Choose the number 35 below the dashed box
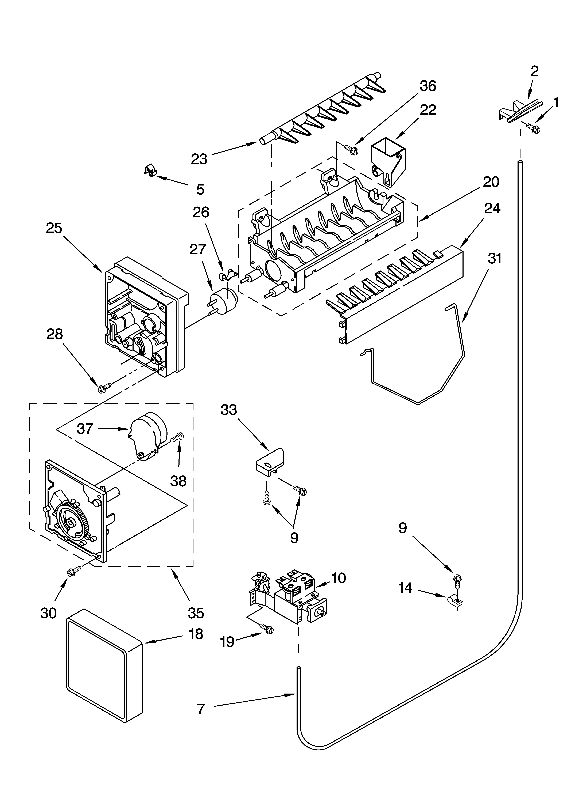196,613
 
